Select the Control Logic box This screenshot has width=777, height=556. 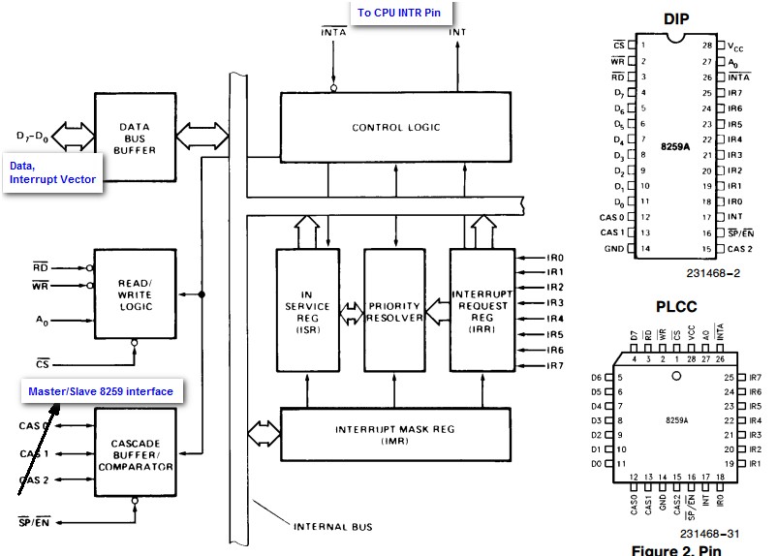[395, 127]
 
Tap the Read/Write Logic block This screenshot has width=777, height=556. [136, 293]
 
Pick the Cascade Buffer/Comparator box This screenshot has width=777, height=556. [136, 452]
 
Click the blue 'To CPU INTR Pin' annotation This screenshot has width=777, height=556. [402, 14]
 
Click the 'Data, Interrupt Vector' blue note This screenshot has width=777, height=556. [53, 173]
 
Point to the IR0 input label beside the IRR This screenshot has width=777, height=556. [528, 258]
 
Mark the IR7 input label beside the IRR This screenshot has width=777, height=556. [528, 365]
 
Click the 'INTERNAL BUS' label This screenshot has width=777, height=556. [332, 527]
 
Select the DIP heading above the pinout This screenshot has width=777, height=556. [675, 18]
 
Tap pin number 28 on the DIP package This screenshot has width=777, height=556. [708, 46]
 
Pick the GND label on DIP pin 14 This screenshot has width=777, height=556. [613, 249]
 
